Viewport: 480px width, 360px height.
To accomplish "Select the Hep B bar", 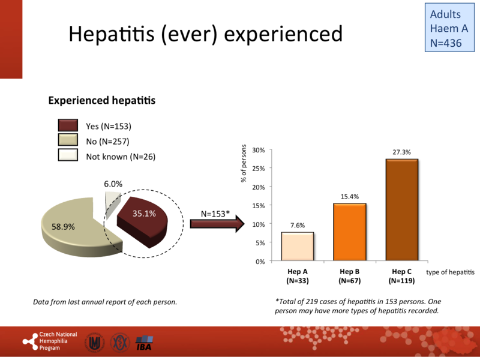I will coord(349,232).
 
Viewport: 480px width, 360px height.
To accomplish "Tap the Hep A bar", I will coord(297,247).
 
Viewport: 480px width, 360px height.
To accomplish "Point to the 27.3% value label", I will coord(401,152).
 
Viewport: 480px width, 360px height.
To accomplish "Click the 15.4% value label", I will coord(349,197).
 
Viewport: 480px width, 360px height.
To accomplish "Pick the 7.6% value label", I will coord(297,226).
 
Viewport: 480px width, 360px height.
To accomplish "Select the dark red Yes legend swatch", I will coord(68,125).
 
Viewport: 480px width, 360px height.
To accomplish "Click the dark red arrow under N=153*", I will coord(217,224).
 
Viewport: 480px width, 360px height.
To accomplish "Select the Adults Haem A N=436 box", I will coord(448,28).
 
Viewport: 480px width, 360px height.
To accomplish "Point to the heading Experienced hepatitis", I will coord(102,101).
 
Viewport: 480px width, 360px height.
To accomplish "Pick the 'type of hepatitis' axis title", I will coord(449,272).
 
